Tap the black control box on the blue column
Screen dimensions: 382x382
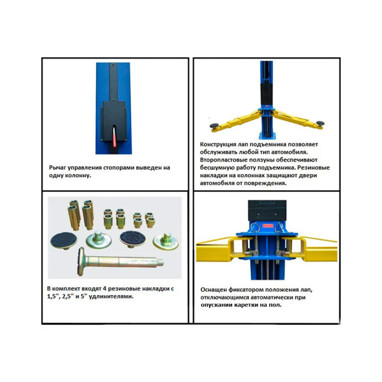point(114,121)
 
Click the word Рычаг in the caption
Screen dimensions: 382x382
point(58,167)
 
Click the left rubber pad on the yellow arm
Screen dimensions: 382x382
point(215,126)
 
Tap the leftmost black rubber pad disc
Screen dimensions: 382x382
point(64,240)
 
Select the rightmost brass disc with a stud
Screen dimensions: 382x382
point(166,240)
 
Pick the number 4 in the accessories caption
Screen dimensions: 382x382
point(105,289)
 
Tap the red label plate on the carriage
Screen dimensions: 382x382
point(268,226)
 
